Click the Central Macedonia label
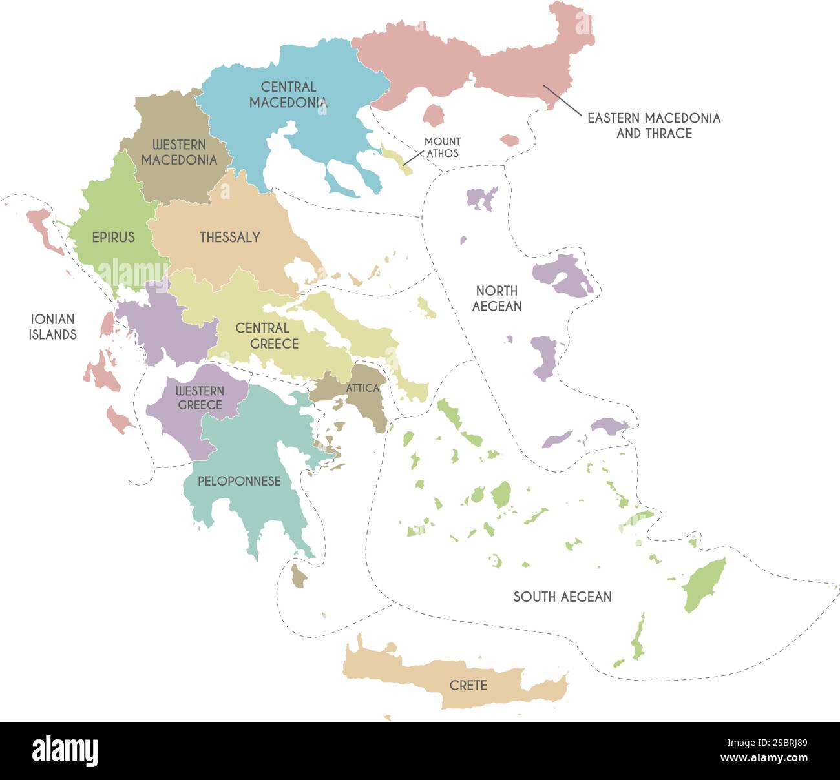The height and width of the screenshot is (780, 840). (288, 94)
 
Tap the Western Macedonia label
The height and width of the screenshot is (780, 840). (179, 152)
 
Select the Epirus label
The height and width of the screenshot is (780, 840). (113, 237)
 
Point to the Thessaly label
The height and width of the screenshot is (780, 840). (229, 237)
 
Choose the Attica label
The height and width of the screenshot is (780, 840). (362, 388)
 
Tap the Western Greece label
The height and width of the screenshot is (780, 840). (200, 398)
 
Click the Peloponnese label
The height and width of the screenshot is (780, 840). (239, 481)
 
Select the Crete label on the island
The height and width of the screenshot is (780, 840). (468, 685)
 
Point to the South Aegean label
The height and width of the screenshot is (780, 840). (562, 597)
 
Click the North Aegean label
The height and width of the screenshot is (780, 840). (496, 298)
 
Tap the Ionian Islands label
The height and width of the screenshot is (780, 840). (52, 326)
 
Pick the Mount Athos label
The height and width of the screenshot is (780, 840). (443, 147)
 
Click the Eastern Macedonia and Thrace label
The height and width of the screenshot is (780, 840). (653, 125)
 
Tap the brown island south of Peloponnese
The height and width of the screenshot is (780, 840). (298, 576)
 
